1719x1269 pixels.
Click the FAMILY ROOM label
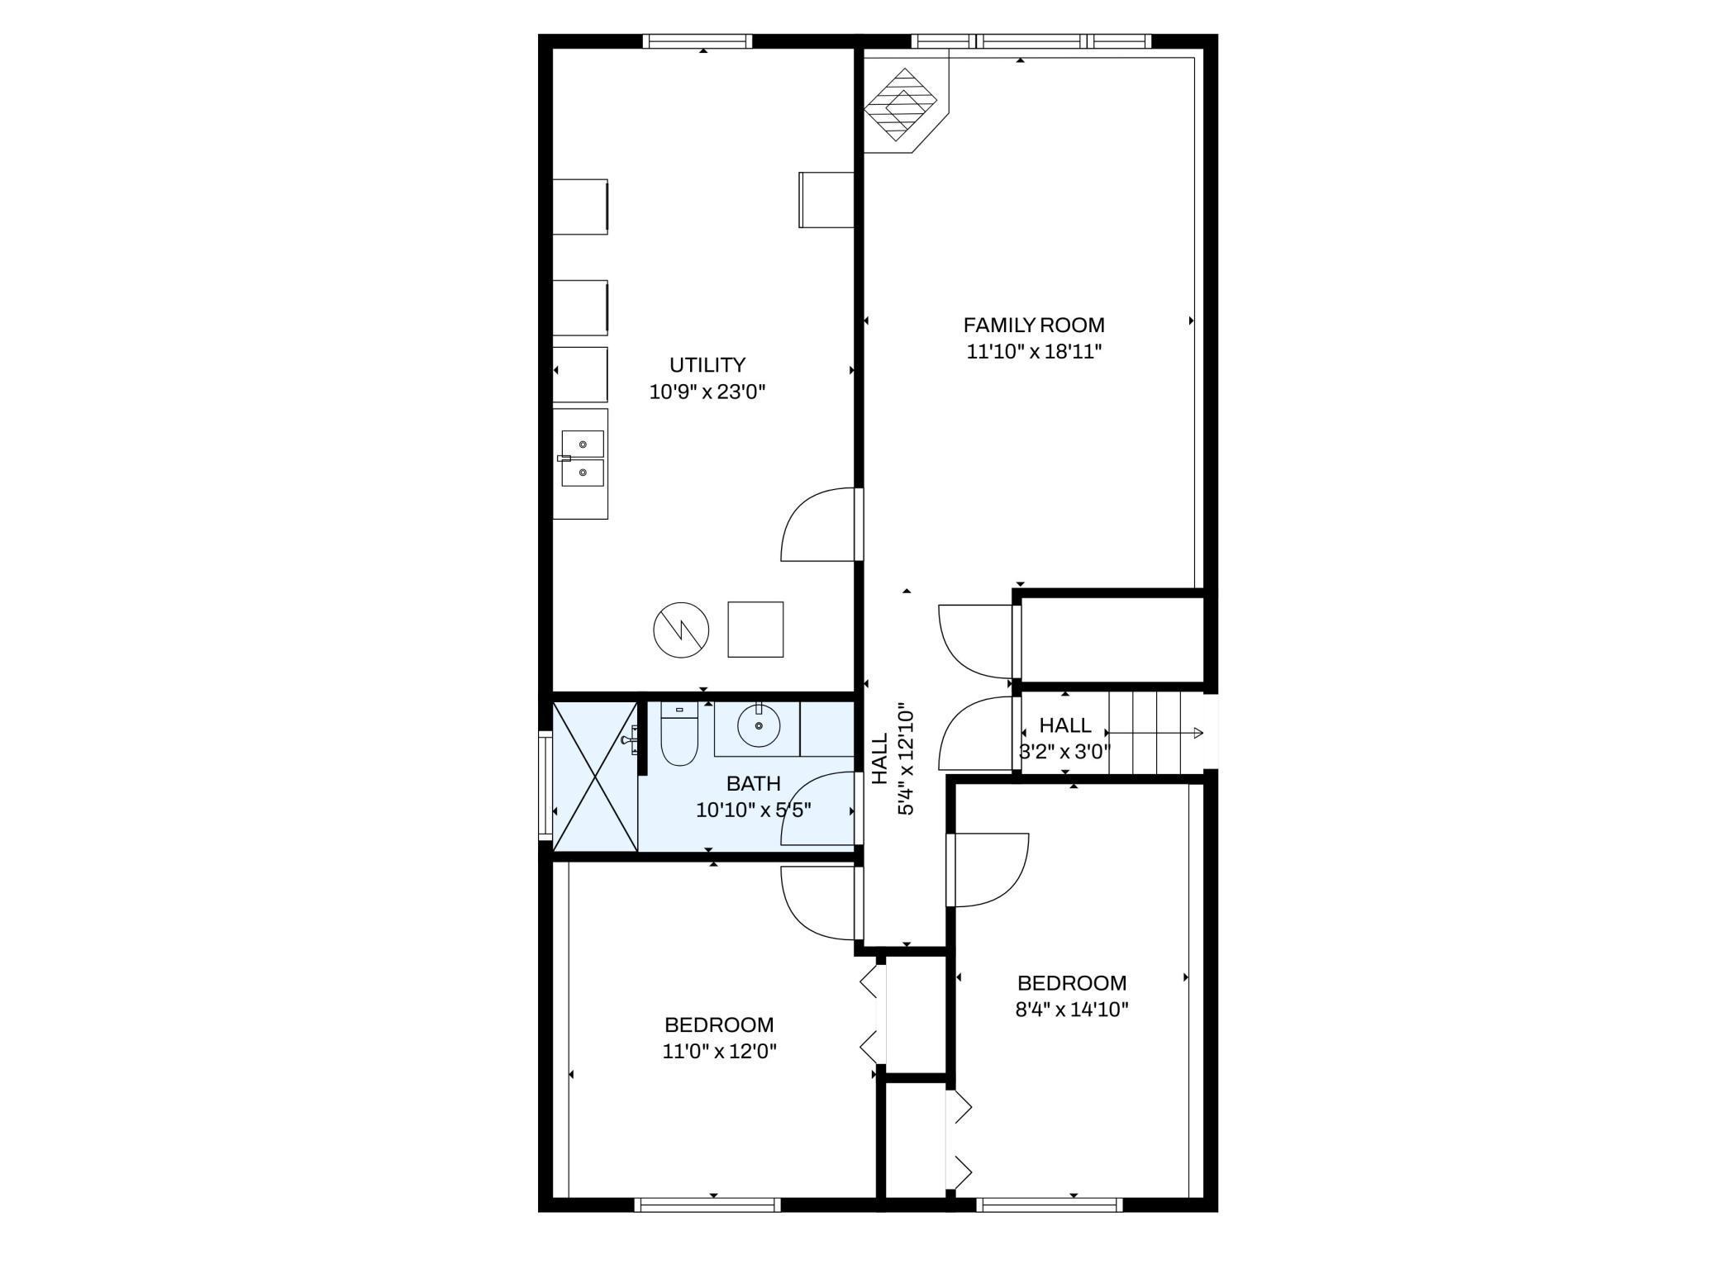point(1034,326)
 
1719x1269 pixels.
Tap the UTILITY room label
point(707,365)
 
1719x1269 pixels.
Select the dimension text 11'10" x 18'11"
point(1035,352)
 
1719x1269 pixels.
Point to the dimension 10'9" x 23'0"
point(707,392)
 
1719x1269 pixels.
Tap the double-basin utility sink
point(583,459)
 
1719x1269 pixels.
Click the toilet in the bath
point(679,734)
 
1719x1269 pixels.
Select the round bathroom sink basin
point(758,726)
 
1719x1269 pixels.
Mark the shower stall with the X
point(595,776)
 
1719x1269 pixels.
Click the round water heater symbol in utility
point(681,630)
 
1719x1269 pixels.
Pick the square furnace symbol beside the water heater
point(755,630)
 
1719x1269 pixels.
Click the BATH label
point(753,783)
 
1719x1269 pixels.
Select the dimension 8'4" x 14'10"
point(1072,1010)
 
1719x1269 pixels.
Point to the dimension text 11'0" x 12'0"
point(719,1052)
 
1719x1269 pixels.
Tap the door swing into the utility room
point(817,525)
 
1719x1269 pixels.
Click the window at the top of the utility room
point(698,41)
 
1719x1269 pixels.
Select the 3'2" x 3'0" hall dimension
point(1064,752)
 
